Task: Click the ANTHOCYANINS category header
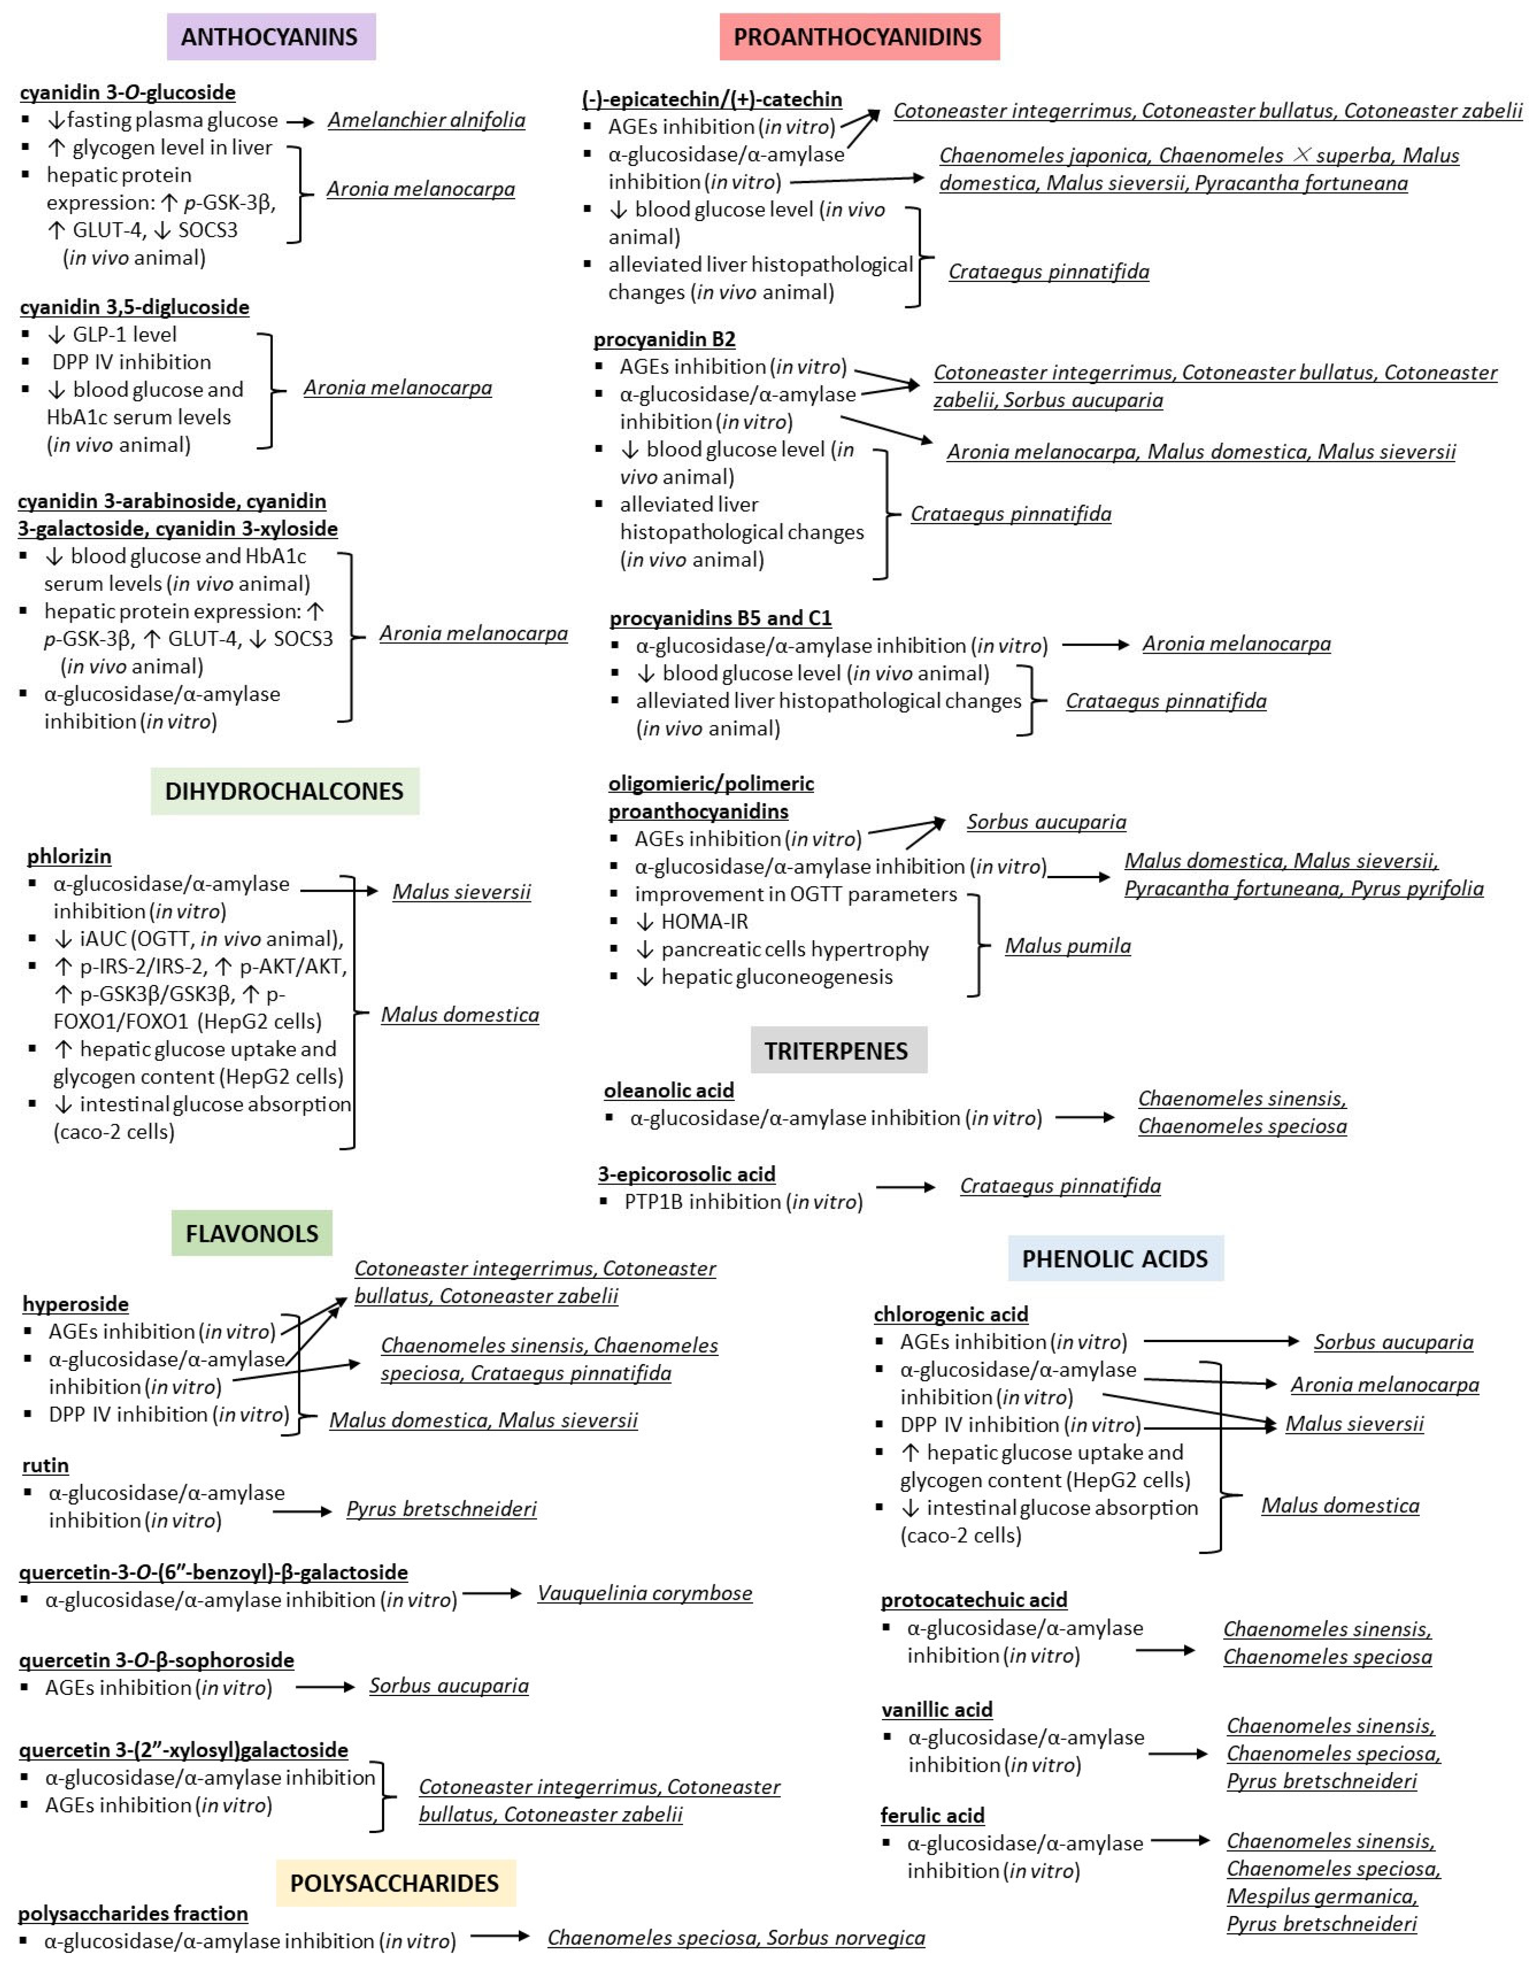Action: click(x=270, y=37)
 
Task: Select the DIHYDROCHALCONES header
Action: click(x=284, y=791)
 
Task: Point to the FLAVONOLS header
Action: click(x=252, y=1233)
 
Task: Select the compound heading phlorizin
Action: click(x=69, y=856)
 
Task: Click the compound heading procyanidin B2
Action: click(x=664, y=339)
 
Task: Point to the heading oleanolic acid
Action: click(x=669, y=1090)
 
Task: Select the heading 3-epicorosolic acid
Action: click(x=687, y=1174)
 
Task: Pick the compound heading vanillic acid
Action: click(x=937, y=1709)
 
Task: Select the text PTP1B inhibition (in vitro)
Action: click(x=743, y=1201)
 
